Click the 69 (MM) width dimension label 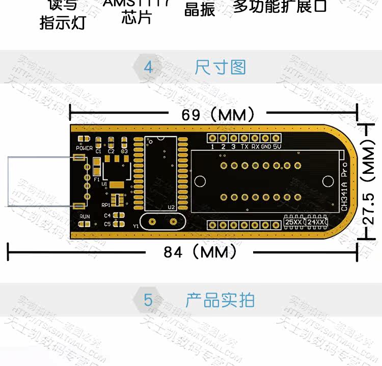tap(217, 115)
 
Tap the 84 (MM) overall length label tap(200, 252)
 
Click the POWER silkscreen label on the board tap(84, 148)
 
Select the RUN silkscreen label tap(84, 217)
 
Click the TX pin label tap(244, 147)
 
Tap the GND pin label tap(266, 147)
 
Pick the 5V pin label tap(277, 147)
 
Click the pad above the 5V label tap(276, 138)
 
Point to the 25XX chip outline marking tap(293, 222)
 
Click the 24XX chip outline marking tap(316, 222)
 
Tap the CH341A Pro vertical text tap(344, 187)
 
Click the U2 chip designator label tap(171, 207)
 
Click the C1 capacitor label tap(99, 151)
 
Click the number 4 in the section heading tap(148, 67)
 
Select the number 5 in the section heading tap(148, 300)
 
